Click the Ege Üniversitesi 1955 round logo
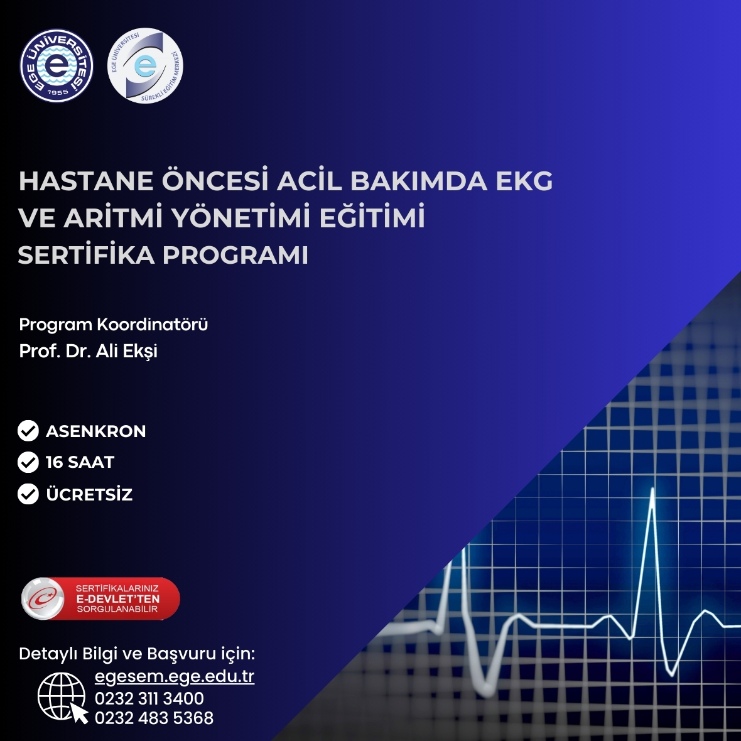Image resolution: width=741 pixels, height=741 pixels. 57,66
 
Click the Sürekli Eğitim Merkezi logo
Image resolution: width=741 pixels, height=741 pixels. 145,66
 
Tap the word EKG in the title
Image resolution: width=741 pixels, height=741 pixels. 524,181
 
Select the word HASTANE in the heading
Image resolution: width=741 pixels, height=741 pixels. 86,181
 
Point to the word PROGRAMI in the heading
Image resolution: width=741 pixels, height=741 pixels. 235,255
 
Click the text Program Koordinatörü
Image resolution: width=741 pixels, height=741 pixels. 114,325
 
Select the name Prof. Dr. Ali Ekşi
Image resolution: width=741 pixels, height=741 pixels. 89,351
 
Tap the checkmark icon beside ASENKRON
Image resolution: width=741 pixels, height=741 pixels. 28,431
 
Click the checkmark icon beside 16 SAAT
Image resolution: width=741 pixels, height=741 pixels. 28,462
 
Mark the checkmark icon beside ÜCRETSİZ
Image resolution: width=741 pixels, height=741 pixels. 28,494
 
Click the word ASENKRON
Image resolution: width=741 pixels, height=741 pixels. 96,431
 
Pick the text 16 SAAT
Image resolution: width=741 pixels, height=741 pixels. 80,462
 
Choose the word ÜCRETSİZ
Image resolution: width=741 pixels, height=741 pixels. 89,494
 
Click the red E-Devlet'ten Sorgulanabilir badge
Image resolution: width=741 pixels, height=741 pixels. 100,598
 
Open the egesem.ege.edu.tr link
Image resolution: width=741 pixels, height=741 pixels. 175,676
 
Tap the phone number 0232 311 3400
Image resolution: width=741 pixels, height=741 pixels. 149,698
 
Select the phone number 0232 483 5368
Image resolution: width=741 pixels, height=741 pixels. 154,718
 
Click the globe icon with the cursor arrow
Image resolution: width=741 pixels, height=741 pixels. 63,698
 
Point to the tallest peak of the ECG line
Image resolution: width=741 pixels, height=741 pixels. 652,490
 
